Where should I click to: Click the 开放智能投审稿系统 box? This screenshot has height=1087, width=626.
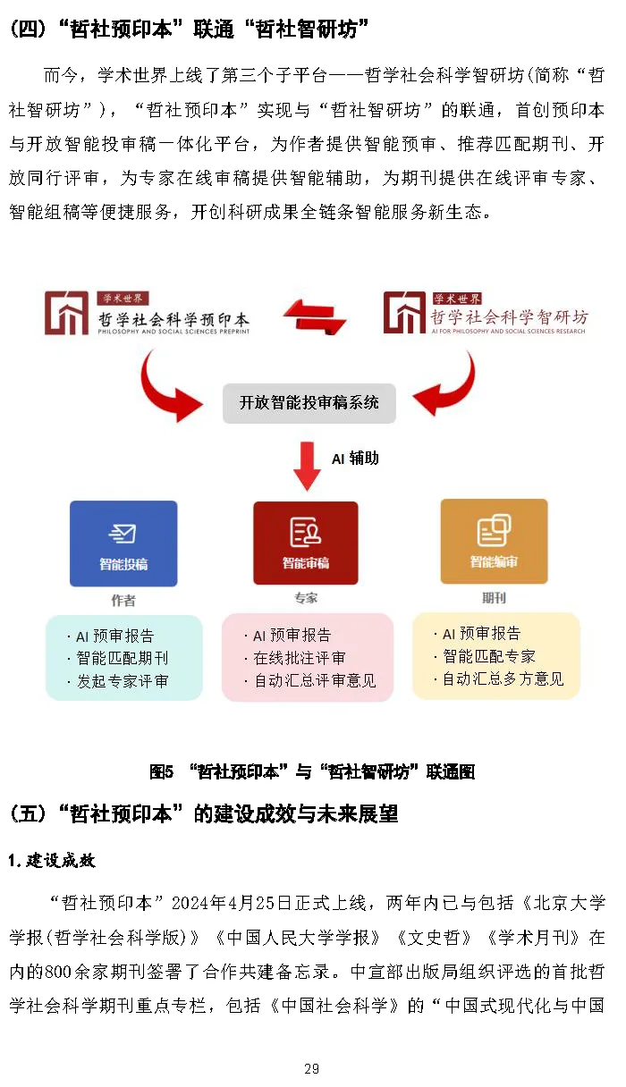point(309,402)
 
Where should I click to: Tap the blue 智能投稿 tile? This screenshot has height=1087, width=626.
point(123,543)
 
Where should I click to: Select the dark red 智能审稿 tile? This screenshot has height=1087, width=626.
point(306,543)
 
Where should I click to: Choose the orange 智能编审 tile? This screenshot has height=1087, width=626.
point(494,542)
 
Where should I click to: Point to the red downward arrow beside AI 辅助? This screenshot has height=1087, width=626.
point(307,465)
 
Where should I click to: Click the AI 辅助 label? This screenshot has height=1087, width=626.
point(355,458)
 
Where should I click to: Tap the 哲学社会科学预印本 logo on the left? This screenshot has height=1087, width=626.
point(148,315)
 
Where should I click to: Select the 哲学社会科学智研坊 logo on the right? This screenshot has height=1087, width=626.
point(486,315)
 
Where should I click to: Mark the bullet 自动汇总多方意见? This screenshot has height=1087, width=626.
point(503,678)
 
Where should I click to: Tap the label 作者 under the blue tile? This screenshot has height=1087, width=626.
point(123,601)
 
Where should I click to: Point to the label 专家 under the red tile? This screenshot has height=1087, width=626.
point(306,598)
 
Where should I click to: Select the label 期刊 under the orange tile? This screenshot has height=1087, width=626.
point(494,597)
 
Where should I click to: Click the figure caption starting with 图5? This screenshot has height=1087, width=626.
point(312,771)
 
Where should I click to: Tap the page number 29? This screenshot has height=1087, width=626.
point(312,1069)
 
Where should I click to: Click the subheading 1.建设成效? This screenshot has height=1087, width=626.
point(52,860)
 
